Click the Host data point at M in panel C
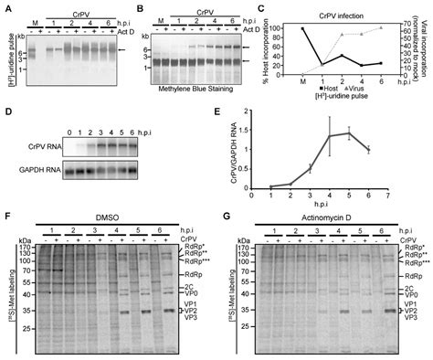pos(303,28)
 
